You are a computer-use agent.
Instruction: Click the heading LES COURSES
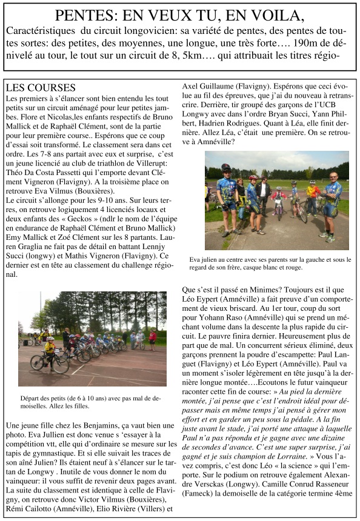click(40, 88)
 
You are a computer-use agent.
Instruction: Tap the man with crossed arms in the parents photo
click(330, 203)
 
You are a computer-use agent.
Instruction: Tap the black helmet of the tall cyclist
click(226, 167)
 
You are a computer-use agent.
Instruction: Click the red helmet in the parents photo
click(253, 178)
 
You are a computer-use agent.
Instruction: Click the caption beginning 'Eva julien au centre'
click(269, 262)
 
